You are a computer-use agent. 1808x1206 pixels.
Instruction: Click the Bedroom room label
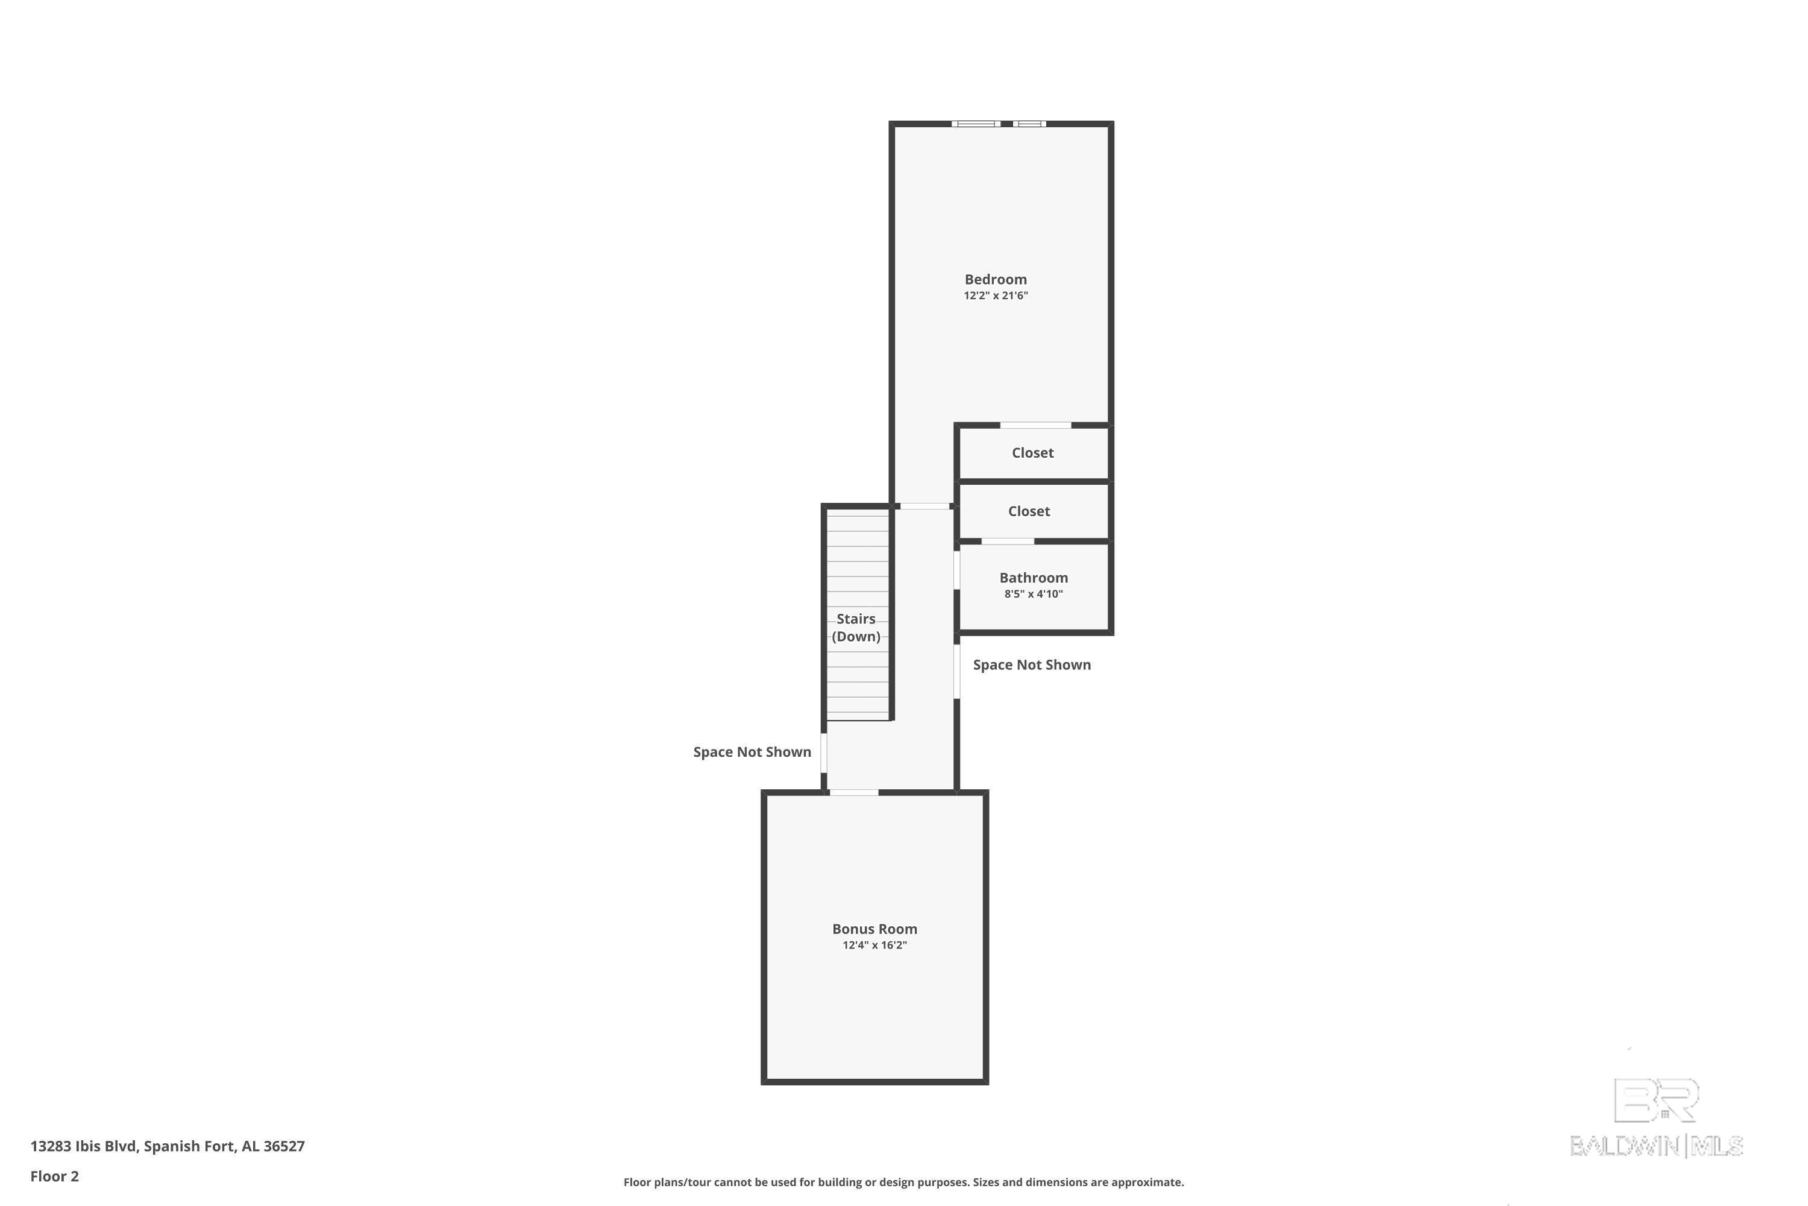[996, 279]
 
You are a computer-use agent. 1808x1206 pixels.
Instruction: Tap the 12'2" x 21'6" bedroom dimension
[996, 296]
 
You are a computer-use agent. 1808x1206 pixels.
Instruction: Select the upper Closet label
[1032, 453]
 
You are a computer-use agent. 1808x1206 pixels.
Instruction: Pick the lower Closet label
[1029, 511]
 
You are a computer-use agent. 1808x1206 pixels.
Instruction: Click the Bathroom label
[1033, 578]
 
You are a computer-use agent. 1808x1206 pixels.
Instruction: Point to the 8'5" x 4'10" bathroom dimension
[1033, 594]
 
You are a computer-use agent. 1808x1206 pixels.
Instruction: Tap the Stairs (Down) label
[856, 628]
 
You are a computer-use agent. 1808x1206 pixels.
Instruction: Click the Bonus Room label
[874, 929]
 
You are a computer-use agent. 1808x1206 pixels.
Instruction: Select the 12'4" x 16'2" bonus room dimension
[874, 946]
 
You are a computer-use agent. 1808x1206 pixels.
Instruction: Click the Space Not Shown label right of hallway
[1032, 665]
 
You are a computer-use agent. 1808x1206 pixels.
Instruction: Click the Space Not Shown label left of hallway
[752, 752]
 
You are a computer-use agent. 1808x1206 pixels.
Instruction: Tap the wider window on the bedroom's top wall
[976, 124]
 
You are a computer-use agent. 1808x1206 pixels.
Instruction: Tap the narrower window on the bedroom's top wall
[1029, 124]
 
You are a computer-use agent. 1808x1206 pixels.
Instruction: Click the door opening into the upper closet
[1035, 425]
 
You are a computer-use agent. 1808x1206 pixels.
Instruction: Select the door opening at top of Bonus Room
[853, 792]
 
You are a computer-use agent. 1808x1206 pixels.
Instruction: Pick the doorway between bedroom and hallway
[924, 506]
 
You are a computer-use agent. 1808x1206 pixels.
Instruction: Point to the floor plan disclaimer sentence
[903, 1182]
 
